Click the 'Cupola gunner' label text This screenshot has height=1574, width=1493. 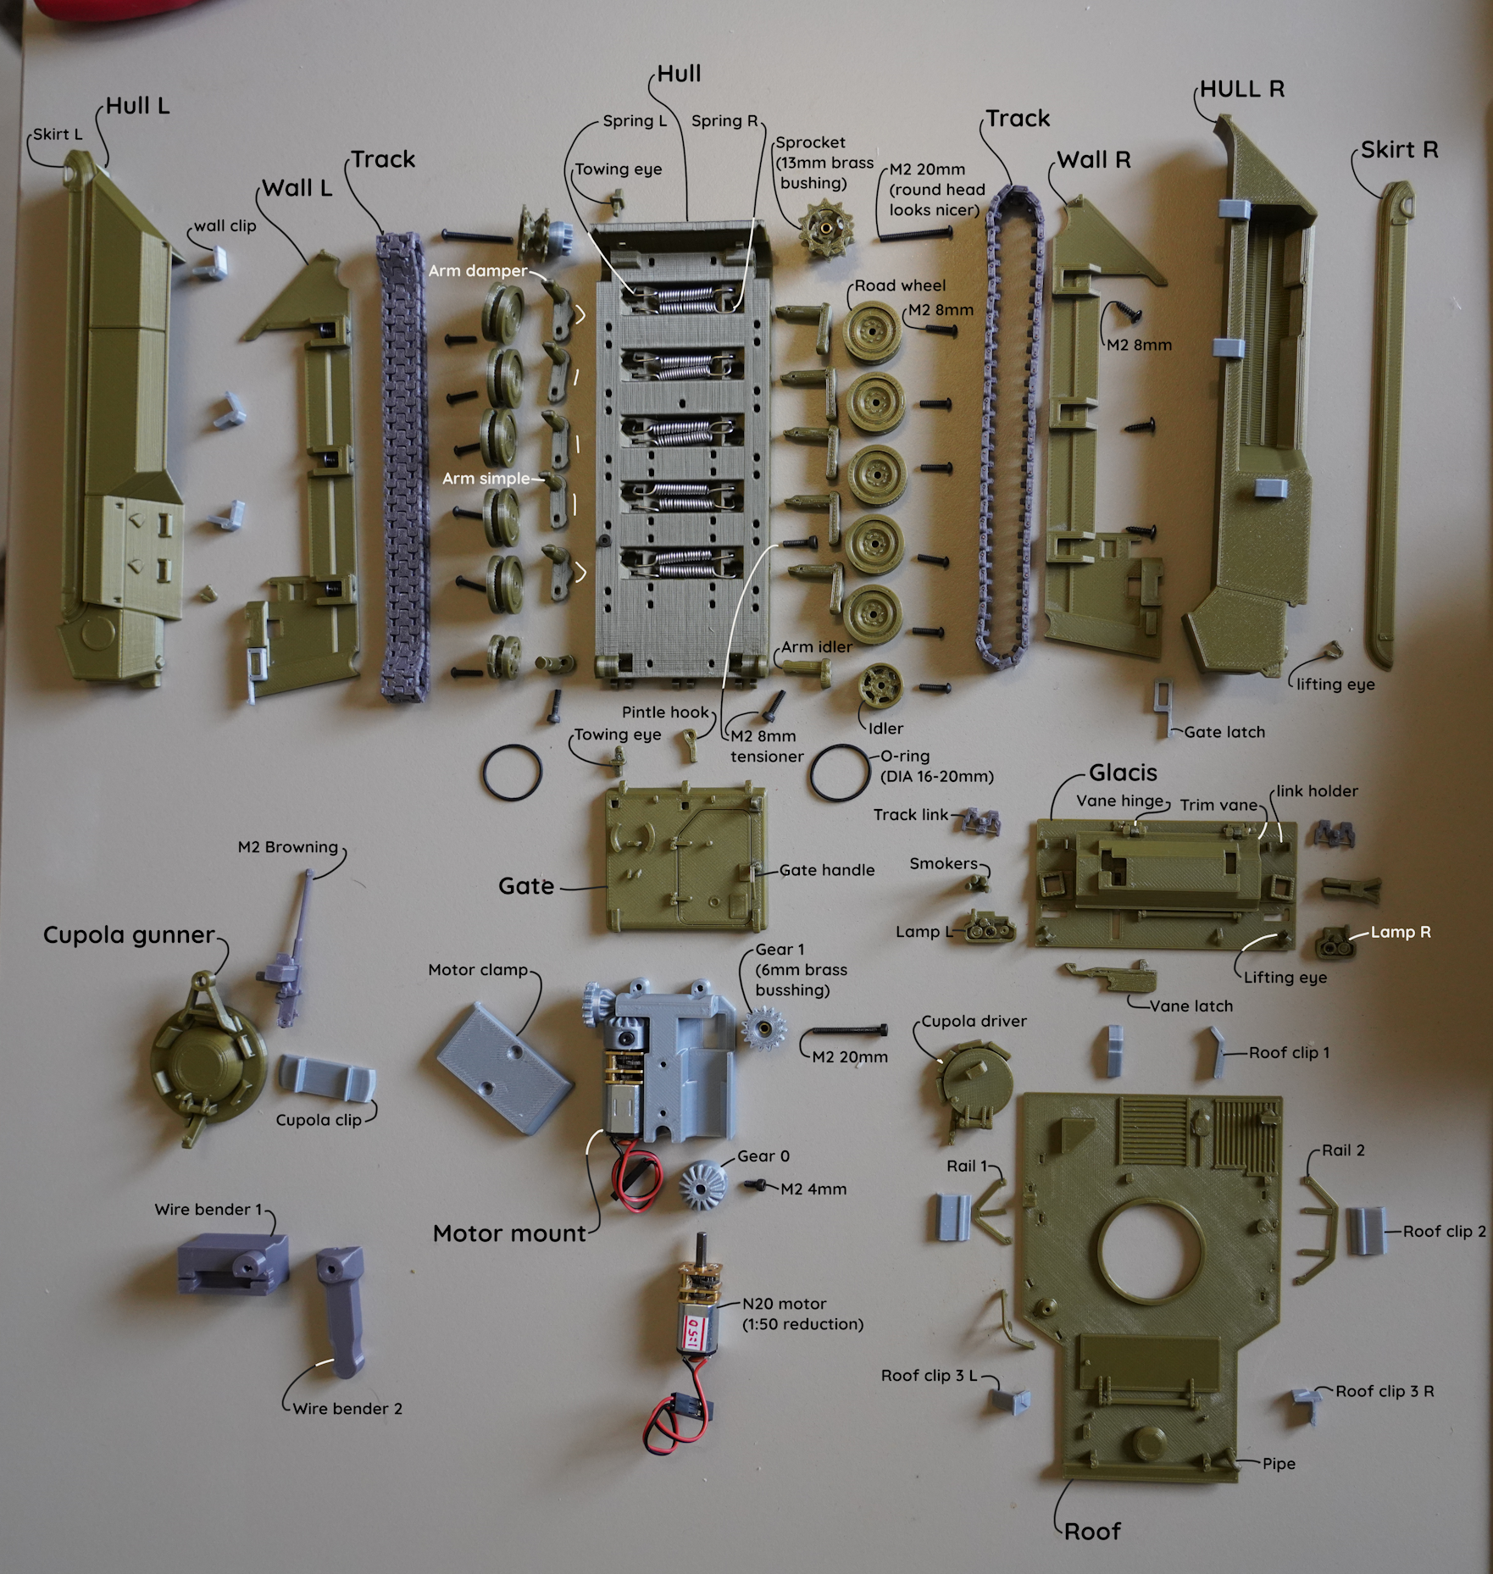(129, 934)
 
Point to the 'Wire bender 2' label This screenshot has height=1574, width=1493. (347, 1409)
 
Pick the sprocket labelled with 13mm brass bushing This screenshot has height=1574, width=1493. (822, 224)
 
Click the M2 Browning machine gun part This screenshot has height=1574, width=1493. (292, 940)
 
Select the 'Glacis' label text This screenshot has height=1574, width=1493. (1123, 773)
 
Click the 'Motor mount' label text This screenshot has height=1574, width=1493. (509, 1233)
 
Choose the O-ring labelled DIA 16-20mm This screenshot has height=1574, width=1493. (838, 771)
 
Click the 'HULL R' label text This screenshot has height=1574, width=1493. (1242, 89)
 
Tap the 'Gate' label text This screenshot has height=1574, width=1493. (525, 886)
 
